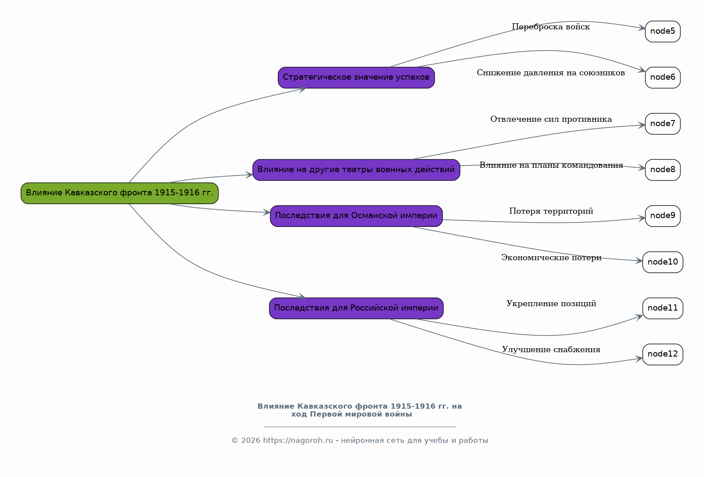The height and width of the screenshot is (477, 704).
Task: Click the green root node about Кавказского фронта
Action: [x=120, y=193]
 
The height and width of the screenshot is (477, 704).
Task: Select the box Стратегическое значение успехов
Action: [x=356, y=78]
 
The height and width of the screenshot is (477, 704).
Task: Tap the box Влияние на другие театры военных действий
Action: [x=356, y=170]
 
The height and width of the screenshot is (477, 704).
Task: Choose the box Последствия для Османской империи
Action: [x=356, y=216]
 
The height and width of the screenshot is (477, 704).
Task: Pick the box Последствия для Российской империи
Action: [x=356, y=308]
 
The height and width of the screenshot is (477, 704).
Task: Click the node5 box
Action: [x=662, y=32]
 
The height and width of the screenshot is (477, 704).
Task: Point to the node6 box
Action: [x=662, y=78]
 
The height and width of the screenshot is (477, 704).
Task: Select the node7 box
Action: [x=662, y=124]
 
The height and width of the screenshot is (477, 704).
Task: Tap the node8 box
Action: [x=662, y=170]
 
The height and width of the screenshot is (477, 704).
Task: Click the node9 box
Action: [x=662, y=216]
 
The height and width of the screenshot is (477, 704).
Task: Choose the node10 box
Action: [x=662, y=262]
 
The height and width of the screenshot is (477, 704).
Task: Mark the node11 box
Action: [x=662, y=308]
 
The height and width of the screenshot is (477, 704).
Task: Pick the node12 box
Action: [x=662, y=354]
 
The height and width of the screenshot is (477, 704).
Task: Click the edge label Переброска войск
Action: [x=551, y=27]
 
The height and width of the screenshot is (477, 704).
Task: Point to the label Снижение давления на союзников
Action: [x=551, y=73]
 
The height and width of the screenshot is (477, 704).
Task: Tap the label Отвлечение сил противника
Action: [x=551, y=119]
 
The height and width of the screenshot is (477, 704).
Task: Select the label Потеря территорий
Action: [x=551, y=211]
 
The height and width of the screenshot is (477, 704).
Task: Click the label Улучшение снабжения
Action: [x=551, y=350]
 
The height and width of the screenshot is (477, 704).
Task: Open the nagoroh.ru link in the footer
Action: [x=298, y=440]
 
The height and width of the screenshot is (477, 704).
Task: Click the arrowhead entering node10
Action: [x=639, y=261]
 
